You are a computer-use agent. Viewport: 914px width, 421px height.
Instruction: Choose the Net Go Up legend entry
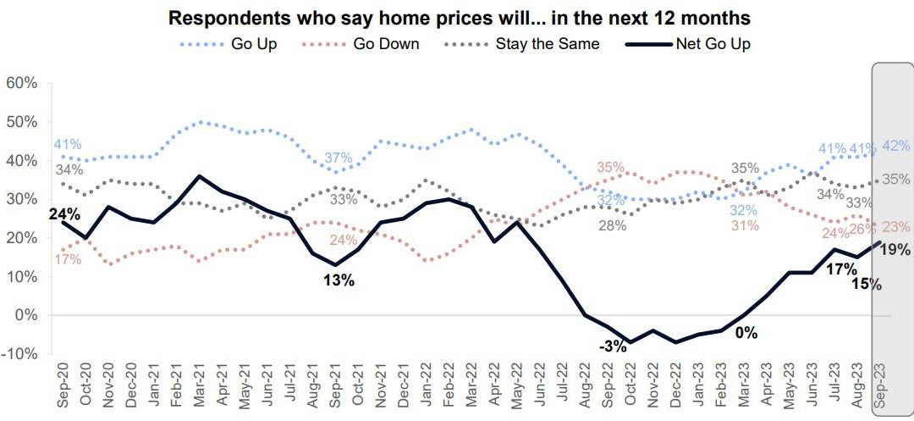[x=712, y=44]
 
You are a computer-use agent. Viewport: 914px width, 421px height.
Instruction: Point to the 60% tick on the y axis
[x=21, y=83]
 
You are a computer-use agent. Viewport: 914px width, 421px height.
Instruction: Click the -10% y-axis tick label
[x=19, y=354]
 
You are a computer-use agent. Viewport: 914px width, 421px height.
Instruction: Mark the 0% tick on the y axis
[x=25, y=315]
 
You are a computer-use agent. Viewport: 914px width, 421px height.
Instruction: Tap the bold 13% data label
[x=339, y=281]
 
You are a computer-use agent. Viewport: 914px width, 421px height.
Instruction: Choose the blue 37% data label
[x=339, y=158]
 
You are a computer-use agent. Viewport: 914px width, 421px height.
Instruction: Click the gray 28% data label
[x=613, y=225]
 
